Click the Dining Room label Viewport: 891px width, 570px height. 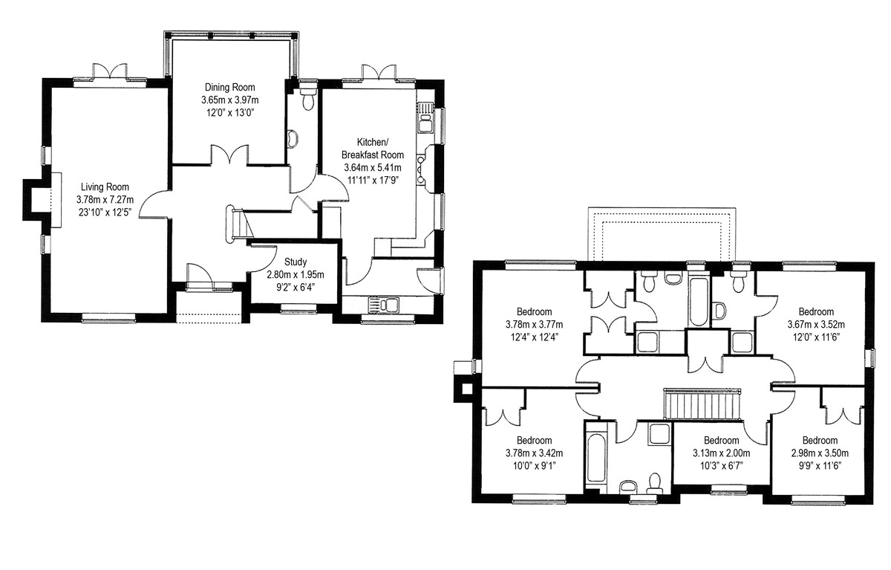pyautogui.click(x=230, y=87)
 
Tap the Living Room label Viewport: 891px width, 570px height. pyautogui.click(x=105, y=187)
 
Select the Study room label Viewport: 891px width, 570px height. pyautogui.click(x=296, y=262)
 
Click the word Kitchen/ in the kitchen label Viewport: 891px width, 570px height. pyautogui.click(x=372, y=142)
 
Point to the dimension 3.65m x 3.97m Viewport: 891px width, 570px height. pyautogui.click(x=230, y=100)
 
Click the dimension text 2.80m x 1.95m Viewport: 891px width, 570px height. pyautogui.click(x=296, y=275)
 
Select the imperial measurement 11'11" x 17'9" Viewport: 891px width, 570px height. pyautogui.click(x=373, y=181)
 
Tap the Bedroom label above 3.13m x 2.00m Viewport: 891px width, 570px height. pyautogui.click(x=722, y=440)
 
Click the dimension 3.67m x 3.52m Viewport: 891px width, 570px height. pyautogui.click(x=816, y=325)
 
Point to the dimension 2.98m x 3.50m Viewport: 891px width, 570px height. pyautogui.click(x=820, y=453)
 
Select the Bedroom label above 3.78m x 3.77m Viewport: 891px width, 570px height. pyautogui.click(x=534, y=311)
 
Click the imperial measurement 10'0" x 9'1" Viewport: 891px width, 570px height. pyautogui.click(x=534, y=466)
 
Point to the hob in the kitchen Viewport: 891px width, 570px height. pyautogui.click(x=421, y=170)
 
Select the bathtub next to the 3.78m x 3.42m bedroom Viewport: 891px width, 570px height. pyautogui.click(x=597, y=458)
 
